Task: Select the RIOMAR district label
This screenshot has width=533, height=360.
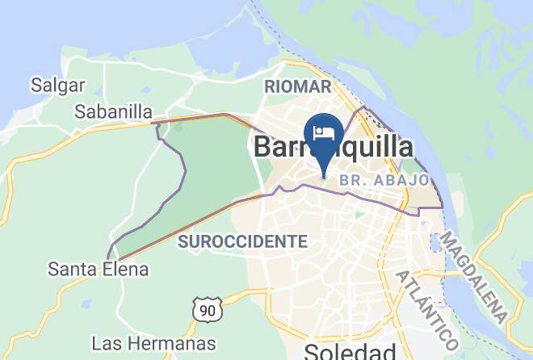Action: (x=298, y=86)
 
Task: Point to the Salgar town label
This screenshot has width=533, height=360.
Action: (x=52, y=83)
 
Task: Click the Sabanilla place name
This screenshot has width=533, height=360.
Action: (x=113, y=111)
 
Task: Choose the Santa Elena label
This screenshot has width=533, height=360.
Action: (x=99, y=269)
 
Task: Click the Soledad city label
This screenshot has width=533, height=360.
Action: (x=350, y=351)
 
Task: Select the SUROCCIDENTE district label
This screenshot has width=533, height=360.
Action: (x=242, y=241)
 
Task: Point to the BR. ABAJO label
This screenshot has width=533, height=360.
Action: (x=384, y=180)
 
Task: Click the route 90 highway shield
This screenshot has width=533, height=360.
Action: (x=207, y=308)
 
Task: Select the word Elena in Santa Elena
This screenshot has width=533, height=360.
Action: (x=126, y=269)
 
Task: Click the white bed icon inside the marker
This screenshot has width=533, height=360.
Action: (x=324, y=132)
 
